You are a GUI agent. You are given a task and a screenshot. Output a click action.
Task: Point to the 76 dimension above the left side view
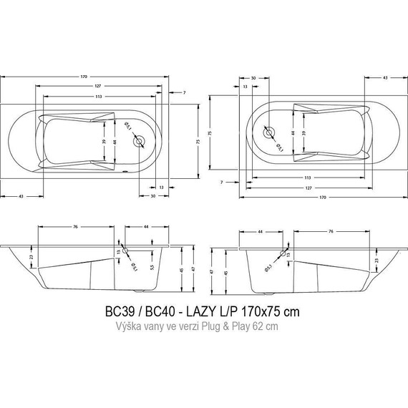pyautogui.click(x=75, y=228)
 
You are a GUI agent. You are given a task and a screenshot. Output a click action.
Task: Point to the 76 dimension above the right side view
pyautogui.click(x=332, y=231)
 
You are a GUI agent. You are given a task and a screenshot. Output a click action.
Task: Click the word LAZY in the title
pyautogui.click(x=198, y=313)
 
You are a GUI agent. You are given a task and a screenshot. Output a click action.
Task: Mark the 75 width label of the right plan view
pyautogui.click(x=210, y=133)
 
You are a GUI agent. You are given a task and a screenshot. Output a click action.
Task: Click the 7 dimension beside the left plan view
pyautogui.click(x=183, y=93)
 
